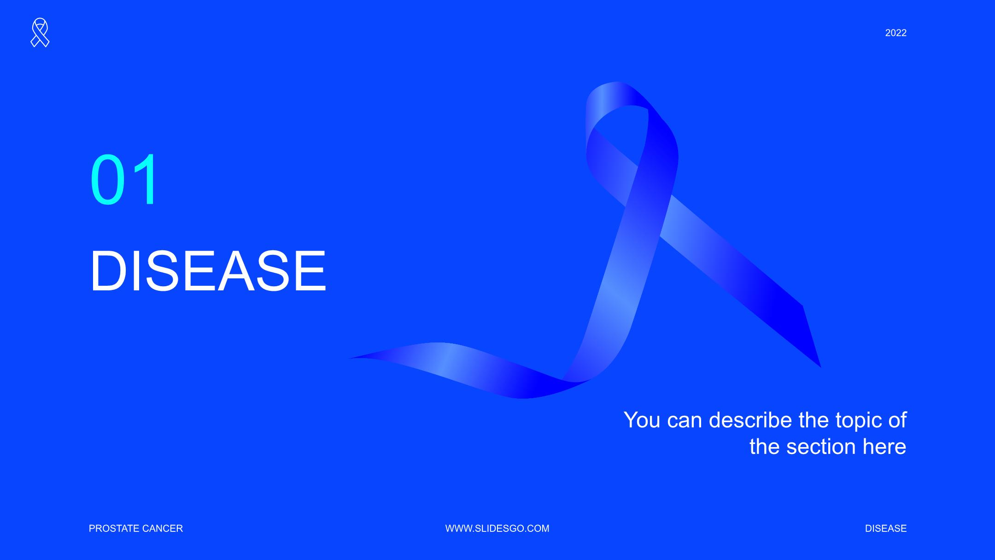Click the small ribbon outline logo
[x=40, y=33]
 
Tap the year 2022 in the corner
[x=895, y=33]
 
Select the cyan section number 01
[x=124, y=179]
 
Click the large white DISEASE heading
[x=208, y=271]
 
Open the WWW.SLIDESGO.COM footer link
[x=497, y=528]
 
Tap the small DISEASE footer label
[x=886, y=528]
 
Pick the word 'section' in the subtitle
[x=822, y=447]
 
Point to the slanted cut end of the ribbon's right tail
[x=812, y=336]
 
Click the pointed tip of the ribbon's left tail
[x=349, y=358]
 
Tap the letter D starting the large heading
[x=108, y=271]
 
